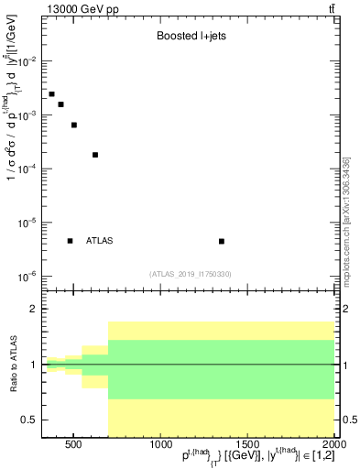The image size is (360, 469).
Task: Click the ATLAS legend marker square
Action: (x=70, y=241)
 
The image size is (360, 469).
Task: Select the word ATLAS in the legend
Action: (x=100, y=241)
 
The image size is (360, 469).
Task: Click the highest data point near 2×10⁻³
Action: (x=51, y=94)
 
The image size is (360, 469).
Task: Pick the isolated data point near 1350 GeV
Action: (x=222, y=241)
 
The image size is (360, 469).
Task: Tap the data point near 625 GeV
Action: (x=95, y=155)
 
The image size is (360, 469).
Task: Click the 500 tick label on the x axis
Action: (x=75, y=446)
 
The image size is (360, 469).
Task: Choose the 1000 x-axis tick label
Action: (x=160, y=446)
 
